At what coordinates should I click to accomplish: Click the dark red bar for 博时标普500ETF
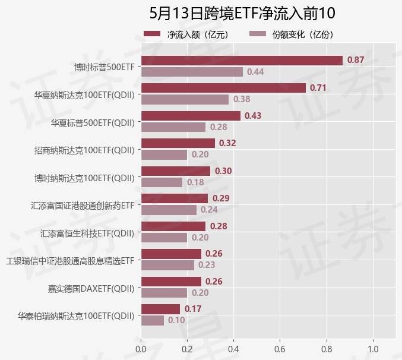point(242,61)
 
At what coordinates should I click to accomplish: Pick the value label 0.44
point(255,72)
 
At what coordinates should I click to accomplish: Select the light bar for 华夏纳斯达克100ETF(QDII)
point(185,99)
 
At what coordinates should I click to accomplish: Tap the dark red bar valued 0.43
point(191,115)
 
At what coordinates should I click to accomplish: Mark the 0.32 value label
point(227,143)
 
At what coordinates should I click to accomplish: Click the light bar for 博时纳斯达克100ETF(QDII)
point(162,182)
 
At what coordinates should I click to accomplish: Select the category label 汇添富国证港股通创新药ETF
point(83,206)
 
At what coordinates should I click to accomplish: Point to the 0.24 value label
point(209,210)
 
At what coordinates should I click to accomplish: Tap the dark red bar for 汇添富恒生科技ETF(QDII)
point(173,226)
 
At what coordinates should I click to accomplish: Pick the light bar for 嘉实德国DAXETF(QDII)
point(164,293)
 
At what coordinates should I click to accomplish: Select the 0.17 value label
point(192,309)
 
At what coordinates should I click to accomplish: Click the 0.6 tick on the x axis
point(280,349)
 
